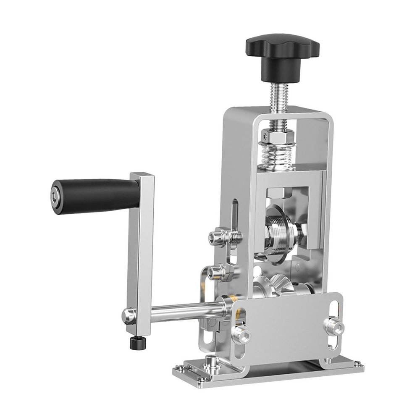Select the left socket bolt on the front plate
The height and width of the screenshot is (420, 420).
(x=243, y=335)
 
